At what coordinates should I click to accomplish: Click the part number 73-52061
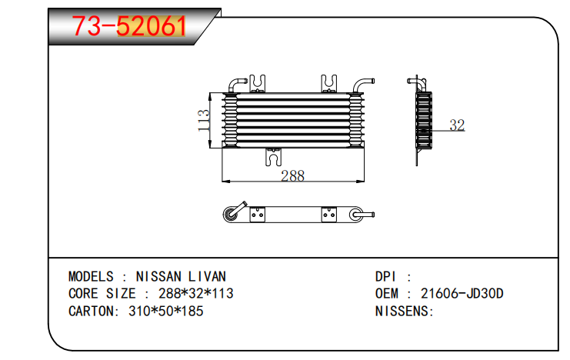[129, 26]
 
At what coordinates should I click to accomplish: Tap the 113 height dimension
[204, 121]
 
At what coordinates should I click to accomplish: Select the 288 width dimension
[292, 176]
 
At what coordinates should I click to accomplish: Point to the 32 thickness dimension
[457, 125]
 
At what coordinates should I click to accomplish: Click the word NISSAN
[158, 277]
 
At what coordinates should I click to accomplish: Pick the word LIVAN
[207, 277]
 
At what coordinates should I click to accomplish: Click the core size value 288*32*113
[195, 293]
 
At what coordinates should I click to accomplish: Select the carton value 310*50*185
[165, 312]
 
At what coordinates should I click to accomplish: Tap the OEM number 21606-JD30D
[462, 293]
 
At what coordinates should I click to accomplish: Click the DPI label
[385, 277]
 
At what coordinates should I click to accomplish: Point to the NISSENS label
[402, 312]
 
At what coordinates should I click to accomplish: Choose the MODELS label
[91, 277]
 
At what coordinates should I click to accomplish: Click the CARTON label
[91, 312]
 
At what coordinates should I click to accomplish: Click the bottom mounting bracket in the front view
[273, 157]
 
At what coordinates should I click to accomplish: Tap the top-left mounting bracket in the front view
[258, 84]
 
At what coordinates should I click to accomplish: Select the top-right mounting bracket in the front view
[329, 84]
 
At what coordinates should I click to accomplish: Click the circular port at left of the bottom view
[230, 215]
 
